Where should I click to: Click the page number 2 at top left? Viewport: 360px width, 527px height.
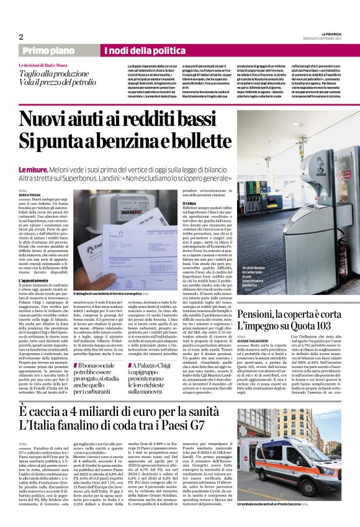tap(20, 37)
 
